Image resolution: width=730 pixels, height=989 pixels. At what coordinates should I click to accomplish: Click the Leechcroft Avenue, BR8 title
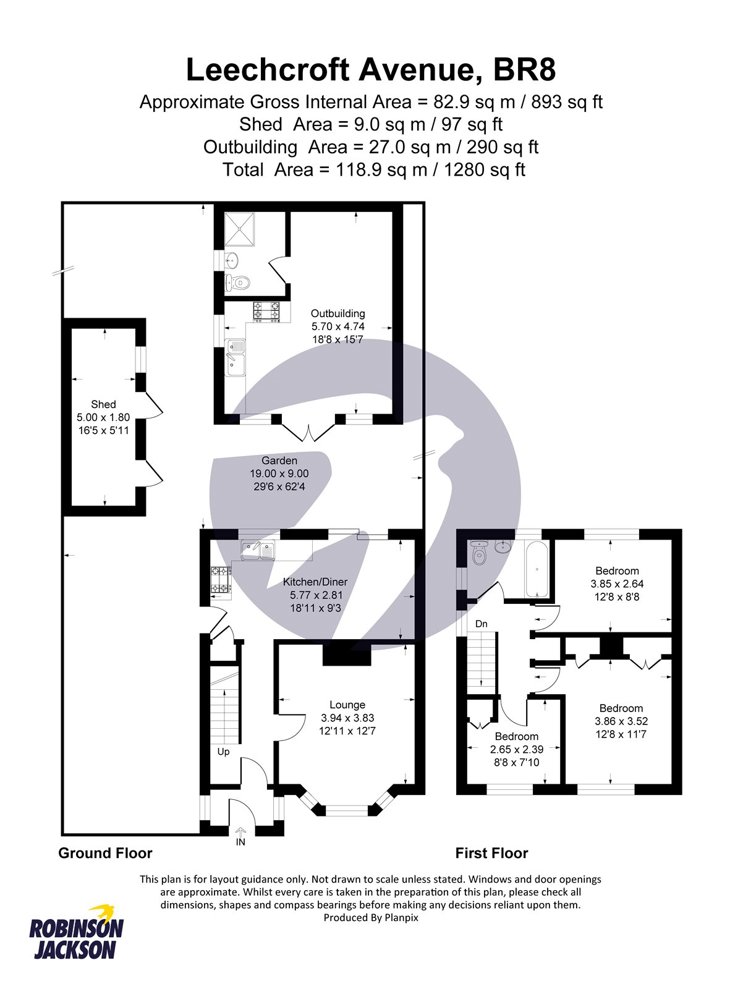[371, 70]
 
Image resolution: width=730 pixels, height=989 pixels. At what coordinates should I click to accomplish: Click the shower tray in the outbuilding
[239, 229]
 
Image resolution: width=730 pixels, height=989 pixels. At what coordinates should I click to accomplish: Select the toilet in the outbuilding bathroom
[237, 282]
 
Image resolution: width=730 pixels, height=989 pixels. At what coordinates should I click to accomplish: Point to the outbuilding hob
[266, 312]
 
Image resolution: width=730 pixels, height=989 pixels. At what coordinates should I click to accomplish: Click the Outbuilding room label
[337, 313]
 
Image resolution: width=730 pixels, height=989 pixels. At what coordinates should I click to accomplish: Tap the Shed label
[103, 404]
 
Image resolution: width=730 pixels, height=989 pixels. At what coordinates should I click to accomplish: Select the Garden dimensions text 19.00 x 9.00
[279, 473]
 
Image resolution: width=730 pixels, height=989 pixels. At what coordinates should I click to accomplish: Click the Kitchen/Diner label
[315, 582]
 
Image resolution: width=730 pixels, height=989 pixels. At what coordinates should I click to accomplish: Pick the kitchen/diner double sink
[258, 550]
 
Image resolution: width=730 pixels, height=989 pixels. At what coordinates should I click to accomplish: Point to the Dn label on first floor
[481, 624]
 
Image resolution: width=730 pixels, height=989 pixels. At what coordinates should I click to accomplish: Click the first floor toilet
[479, 553]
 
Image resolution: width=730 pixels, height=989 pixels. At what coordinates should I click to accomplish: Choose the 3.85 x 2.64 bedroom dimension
[617, 584]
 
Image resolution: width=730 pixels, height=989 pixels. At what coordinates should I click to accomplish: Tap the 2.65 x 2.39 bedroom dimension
[517, 750]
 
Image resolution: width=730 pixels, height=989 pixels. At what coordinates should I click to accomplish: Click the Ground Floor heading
[105, 853]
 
